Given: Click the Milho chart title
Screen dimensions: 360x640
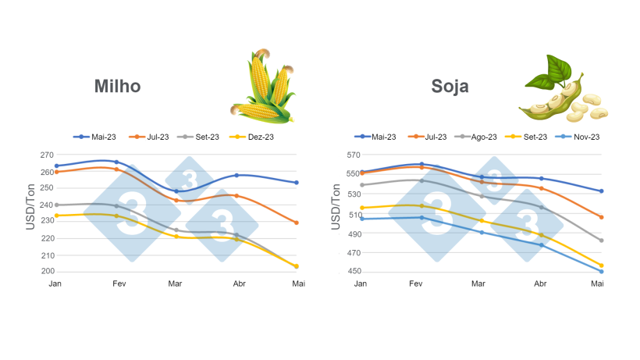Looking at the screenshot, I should point(117,86).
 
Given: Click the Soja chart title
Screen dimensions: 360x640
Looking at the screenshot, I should point(450,86).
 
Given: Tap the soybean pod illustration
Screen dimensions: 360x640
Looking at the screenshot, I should point(562,92).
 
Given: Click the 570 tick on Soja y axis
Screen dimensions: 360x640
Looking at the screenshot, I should point(347,155).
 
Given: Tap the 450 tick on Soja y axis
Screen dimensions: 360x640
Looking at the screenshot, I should point(347,272).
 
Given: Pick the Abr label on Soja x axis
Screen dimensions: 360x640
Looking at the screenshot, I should point(540,283).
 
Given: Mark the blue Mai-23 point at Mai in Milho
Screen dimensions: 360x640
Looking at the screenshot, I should point(297,183).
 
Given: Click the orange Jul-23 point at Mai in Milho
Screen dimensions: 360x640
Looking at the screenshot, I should point(297,223).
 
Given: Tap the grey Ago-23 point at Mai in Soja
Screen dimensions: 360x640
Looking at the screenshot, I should point(601,241).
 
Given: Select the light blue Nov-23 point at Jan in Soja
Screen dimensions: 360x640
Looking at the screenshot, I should point(361,219).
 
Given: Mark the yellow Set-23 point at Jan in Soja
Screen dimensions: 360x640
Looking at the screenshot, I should point(361,208).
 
